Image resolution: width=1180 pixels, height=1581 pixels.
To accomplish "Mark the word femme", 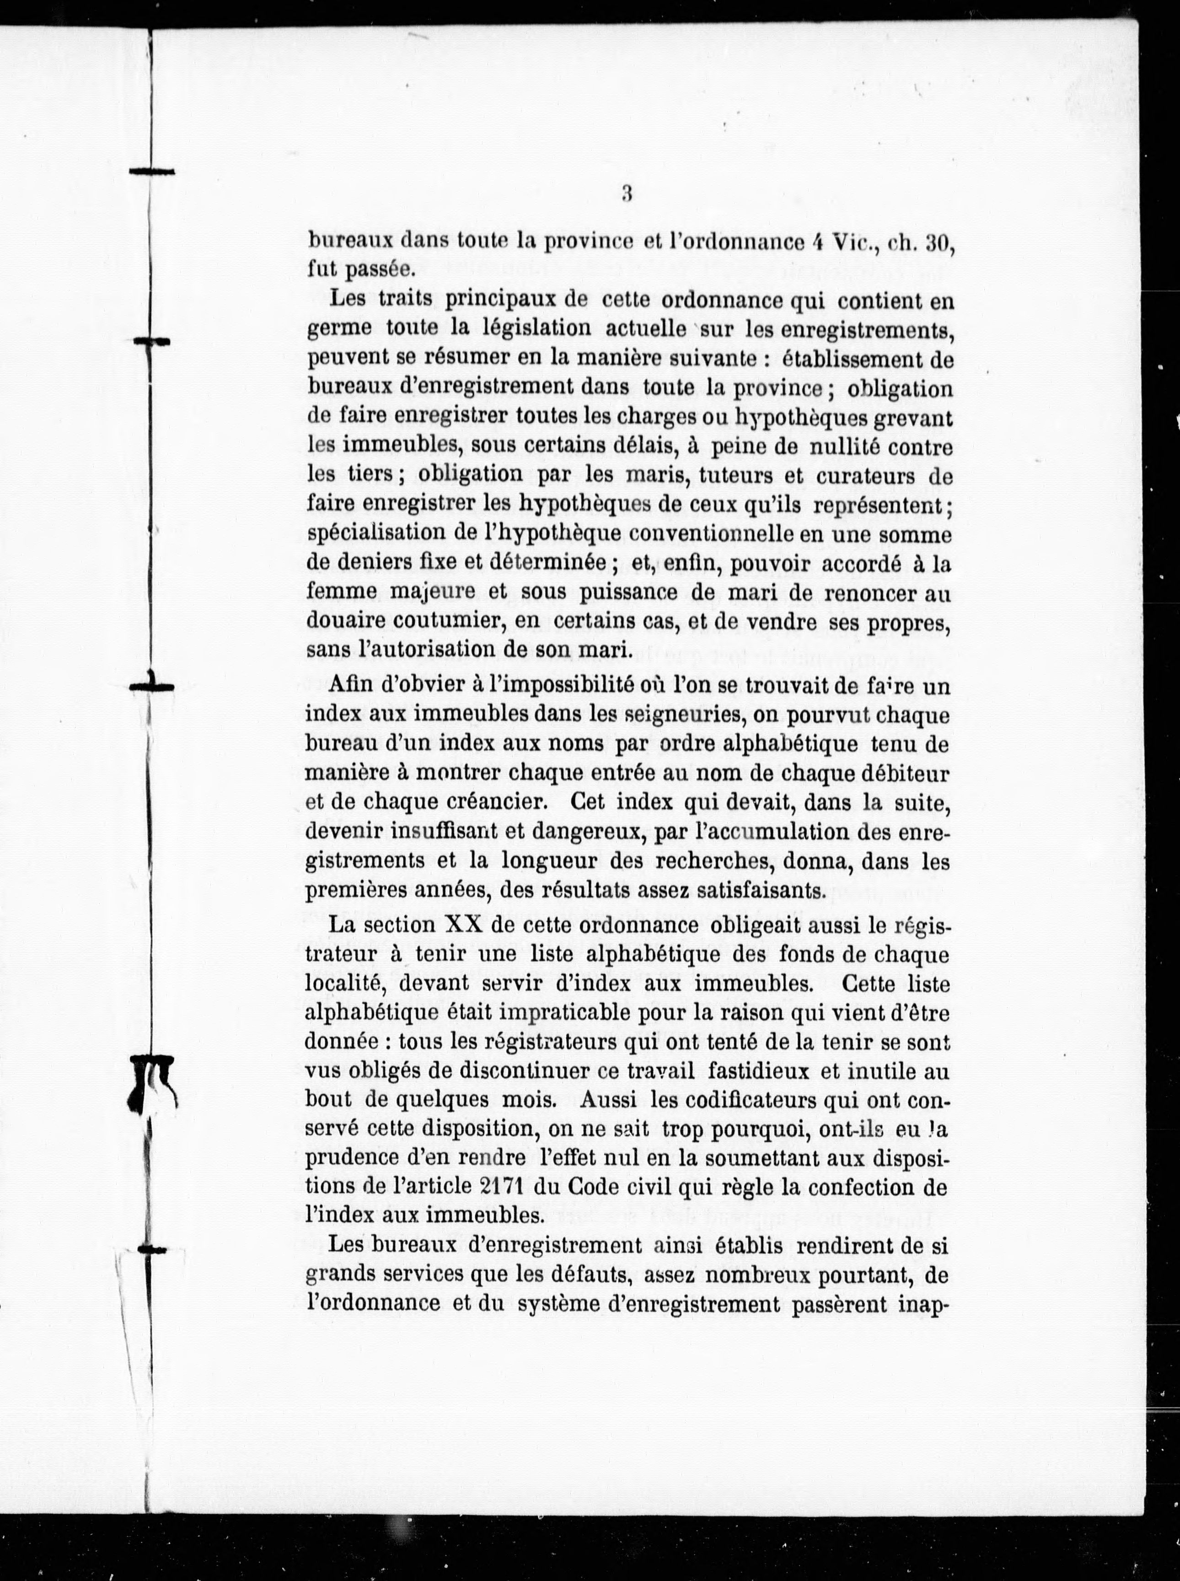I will tap(339, 592).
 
